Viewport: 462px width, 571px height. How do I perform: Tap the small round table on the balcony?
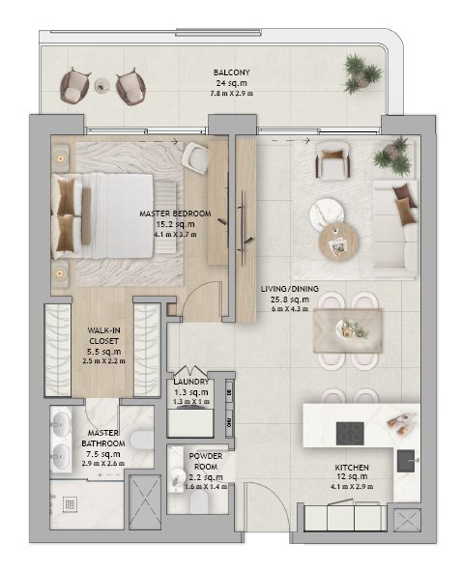[x=101, y=86]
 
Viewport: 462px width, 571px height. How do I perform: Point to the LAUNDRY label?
[x=190, y=381]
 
